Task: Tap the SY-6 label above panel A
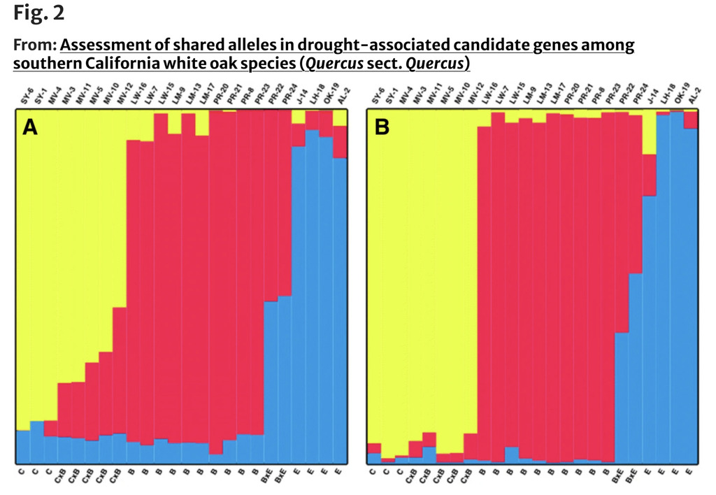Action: [24, 98]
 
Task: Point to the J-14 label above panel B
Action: [650, 99]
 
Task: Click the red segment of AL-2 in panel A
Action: [340, 142]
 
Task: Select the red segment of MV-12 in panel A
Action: [120, 371]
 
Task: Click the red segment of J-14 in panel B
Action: [650, 175]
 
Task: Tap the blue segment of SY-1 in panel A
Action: [36, 441]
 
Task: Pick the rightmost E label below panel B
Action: [691, 475]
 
